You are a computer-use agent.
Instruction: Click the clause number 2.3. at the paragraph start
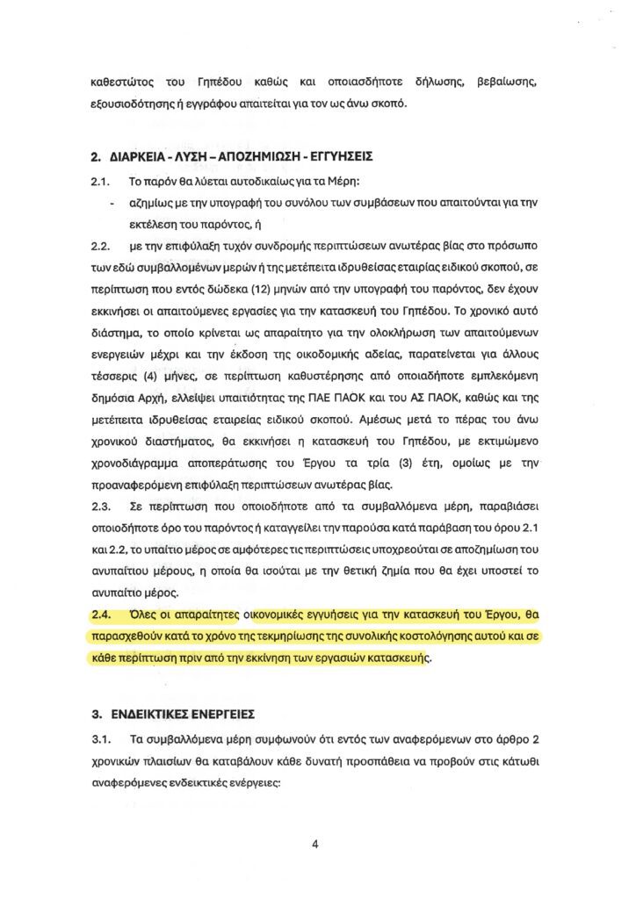pos(103,507)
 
